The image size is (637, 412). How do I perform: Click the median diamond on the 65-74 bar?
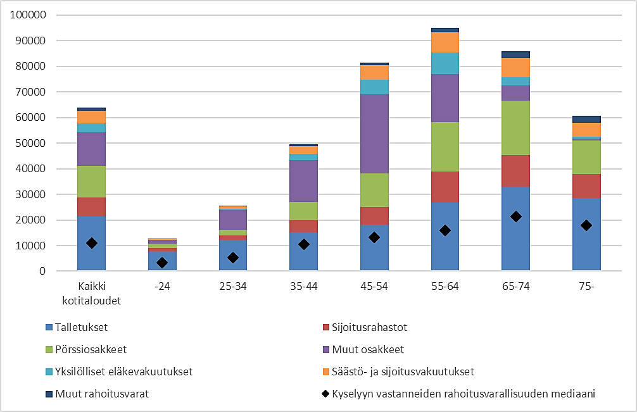click(x=516, y=216)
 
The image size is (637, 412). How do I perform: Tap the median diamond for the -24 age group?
click(x=162, y=263)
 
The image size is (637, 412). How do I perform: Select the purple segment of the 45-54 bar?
click(x=374, y=134)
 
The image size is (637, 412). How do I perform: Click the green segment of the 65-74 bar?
click(x=516, y=128)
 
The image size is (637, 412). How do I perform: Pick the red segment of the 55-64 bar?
click(x=445, y=187)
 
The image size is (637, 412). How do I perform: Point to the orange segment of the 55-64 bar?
click(x=445, y=42)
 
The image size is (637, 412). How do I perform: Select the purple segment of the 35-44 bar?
click(x=304, y=181)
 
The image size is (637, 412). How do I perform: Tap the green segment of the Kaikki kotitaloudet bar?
click(x=92, y=182)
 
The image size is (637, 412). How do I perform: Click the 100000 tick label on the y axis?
click(x=28, y=15)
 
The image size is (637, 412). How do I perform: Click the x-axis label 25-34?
click(x=233, y=286)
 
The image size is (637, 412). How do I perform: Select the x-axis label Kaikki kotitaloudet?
click(x=92, y=293)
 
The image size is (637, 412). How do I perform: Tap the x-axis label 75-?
click(x=586, y=286)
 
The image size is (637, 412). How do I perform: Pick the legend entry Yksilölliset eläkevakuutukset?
click(x=123, y=371)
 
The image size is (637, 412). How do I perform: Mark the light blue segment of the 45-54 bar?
click(x=374, y=87)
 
